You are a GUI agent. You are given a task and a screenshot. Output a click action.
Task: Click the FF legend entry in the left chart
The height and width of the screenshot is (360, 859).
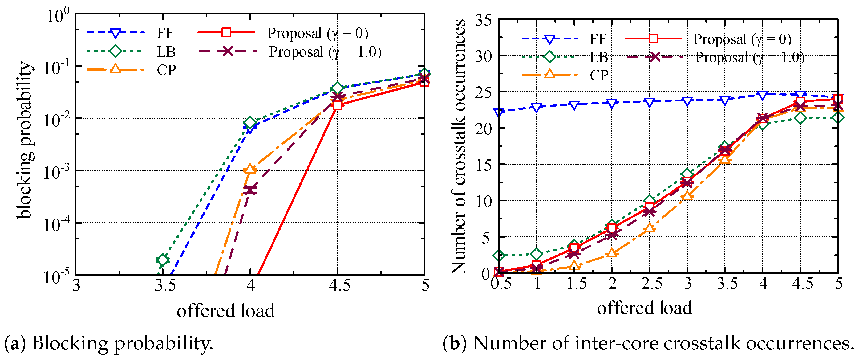tap(165, 33)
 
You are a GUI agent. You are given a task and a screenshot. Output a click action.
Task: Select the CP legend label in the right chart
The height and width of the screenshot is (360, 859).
tap(599, 75)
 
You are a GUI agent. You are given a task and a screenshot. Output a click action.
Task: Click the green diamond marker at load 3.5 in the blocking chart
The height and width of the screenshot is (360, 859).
tap(163, 259)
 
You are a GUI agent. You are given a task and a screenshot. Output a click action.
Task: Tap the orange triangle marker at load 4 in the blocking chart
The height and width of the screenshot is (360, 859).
tap(250, 169)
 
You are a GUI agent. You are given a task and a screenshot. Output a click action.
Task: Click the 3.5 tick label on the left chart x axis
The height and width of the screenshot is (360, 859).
tap(165, 286)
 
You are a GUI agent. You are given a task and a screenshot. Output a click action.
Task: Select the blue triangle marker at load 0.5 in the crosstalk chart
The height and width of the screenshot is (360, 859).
tap(499, 112)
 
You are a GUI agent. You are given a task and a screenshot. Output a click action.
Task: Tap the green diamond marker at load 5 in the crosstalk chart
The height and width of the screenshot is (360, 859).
tap(838, 118)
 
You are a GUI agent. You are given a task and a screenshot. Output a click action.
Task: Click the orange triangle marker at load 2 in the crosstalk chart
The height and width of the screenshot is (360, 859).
tap(611, 253)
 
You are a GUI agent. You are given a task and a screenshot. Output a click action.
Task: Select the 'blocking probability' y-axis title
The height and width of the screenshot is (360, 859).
tap(25, 140)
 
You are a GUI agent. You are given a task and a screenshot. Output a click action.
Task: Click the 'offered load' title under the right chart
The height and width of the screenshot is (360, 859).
tap(644, 308)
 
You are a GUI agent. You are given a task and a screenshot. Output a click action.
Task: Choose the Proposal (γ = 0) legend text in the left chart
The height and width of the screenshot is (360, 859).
tap(317, 33)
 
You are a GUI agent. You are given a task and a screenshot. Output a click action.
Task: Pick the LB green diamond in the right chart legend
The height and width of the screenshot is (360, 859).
tap(550, 56)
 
